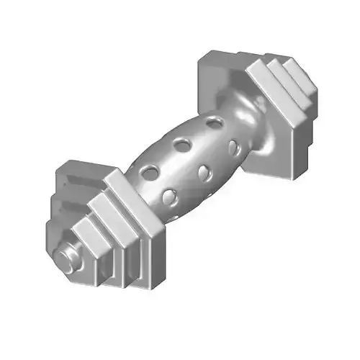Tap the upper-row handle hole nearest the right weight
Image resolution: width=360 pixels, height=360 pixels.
click(x=214, y=123)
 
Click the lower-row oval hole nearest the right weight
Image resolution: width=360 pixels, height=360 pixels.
click(x=233, y=148)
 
